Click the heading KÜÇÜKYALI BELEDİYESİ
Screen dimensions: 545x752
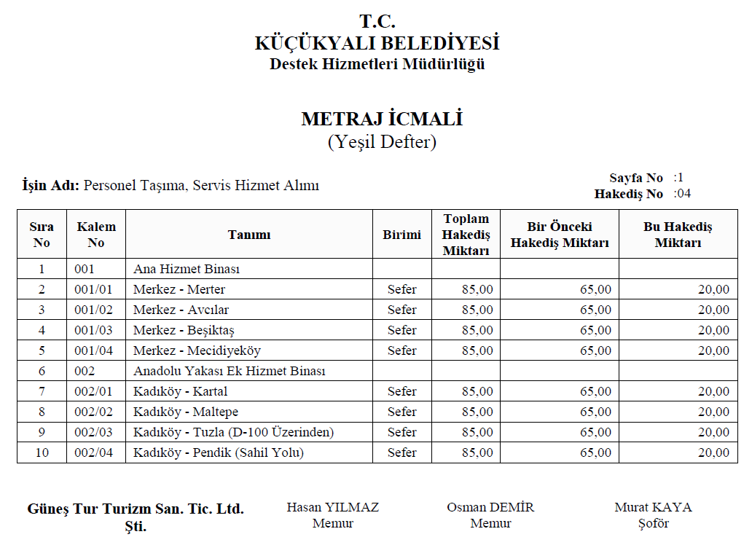click(x=377, y=43)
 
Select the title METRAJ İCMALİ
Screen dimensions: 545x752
click(x=382, y=119)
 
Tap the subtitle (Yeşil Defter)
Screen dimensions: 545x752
click(x=382, y=141)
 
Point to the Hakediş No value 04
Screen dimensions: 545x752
click(x=685, y=194)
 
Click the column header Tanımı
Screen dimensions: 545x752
click(x=248, y=235)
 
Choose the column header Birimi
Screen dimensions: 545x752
click(x=402, y=235)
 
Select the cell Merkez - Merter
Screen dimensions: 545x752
click(x=179, y=289)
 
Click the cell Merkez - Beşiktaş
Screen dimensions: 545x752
click(x=183, y=330)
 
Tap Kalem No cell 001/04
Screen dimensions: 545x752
click(x=93, y=350)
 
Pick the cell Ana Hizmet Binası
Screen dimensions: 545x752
click(x=187, y=269)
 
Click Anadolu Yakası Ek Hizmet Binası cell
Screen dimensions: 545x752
click(x=229, y=371)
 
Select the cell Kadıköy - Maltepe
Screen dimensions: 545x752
click(x=185, y=412)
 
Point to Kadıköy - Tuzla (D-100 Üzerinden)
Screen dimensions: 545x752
click(x=233, y=432)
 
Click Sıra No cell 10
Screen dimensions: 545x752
click(x=42, y=452)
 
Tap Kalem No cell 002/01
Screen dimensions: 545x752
click(x=93, y=391)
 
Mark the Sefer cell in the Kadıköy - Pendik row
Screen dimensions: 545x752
click(x=402, y=452)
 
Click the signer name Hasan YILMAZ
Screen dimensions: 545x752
click(x=332, y=507)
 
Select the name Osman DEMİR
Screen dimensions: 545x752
click(x=490, y=507)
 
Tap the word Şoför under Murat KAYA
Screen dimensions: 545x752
click(x=652, y=523)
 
